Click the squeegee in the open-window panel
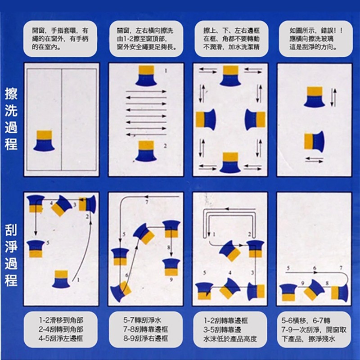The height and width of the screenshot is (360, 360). [x=44, y=141]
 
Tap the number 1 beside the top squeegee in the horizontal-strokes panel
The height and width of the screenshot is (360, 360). [x=166, y=71]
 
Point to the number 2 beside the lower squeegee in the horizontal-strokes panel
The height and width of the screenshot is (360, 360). [x=165, y=146]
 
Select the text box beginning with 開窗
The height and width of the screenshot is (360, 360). [x=60, y=39]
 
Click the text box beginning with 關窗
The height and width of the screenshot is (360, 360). [x=146, y=39]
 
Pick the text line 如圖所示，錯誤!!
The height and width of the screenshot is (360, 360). [x=316, y=30]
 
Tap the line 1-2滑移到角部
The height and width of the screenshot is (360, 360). [x=61, y=320]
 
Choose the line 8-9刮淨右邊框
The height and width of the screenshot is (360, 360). [x=146, y=338]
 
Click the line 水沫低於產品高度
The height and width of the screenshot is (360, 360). [x=230, y=339]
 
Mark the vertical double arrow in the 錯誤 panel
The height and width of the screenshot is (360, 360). [x=333, y=98]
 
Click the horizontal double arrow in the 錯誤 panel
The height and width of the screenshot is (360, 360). [x=314, y=160]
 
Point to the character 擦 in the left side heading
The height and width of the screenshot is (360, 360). [x=11, y=94]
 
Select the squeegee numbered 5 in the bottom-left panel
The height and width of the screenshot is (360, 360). [x=36, y=249]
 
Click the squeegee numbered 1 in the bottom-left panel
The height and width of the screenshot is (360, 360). [x=61, y=279]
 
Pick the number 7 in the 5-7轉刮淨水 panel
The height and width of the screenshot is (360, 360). [x=147, y=202]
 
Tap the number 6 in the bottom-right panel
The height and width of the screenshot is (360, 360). [x=315, y=268]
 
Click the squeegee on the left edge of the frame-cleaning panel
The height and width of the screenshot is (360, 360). [x=206, y=119]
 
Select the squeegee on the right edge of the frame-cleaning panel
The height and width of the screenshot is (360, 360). [x=255, y=119]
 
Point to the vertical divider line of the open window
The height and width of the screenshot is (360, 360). [x=62, y=119]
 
